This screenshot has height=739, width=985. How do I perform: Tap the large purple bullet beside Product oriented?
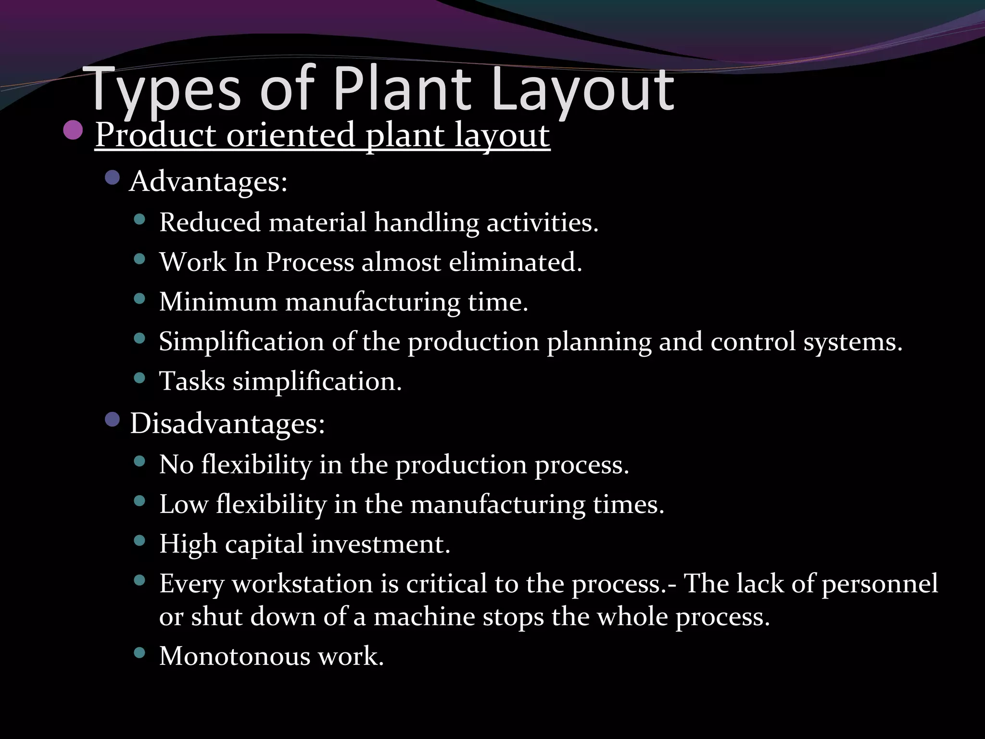[x=73, y=130]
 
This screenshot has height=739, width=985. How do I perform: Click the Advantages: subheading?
[x=208, y=182]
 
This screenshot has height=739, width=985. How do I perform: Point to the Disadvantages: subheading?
[x=227, y=424]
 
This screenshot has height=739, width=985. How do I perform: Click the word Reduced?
[x=210, y=223]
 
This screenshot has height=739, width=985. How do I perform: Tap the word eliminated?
[x=515, y=263]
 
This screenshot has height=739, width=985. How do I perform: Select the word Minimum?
[x=218, y=302]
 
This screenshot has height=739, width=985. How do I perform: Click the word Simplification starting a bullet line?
[x=241, y=342]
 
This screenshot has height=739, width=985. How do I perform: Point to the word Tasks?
[x=192, y=382]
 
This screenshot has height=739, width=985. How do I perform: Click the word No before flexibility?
[x=176, y=465]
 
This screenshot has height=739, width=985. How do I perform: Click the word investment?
[x=380, y=544]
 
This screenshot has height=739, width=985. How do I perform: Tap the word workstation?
[x=303, y=584]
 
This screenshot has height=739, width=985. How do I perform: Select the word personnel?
[x=880, y=584]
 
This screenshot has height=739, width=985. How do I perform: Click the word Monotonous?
[x=235, y=656]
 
